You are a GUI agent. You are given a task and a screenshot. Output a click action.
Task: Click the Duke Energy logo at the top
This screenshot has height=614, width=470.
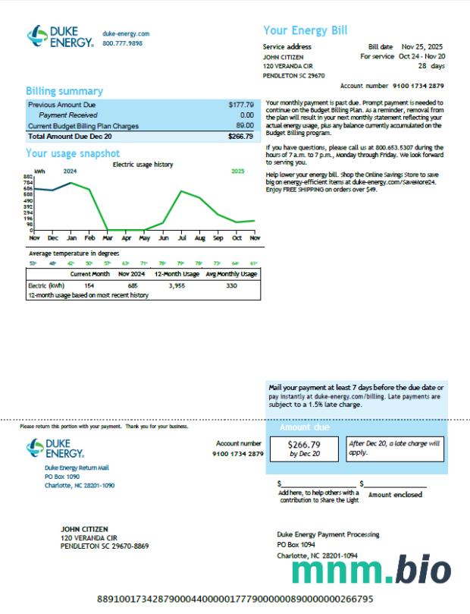pos(61,36)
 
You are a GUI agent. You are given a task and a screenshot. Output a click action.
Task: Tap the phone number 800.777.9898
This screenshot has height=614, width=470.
pos(122,43)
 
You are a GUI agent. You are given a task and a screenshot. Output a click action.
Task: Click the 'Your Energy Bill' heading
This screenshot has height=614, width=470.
pos(305,30)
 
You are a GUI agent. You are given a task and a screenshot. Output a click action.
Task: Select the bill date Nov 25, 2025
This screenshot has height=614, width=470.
pos(422,46)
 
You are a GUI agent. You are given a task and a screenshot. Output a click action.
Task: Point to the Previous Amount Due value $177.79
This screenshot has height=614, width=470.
pos(241,104)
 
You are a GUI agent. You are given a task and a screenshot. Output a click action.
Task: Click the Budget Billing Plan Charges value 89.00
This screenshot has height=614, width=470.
pos(244,125)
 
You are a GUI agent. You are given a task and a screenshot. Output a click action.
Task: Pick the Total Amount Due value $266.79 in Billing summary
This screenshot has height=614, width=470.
pos(240,137)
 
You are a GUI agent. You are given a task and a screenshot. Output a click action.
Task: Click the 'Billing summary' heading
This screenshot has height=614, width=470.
pos(64,91)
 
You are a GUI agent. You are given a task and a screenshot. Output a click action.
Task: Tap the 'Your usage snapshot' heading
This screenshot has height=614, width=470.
pos(73,154)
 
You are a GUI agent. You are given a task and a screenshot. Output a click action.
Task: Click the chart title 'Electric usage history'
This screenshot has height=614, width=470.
pos(143,164)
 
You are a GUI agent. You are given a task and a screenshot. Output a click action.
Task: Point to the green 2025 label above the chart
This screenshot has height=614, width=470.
pos(237,172)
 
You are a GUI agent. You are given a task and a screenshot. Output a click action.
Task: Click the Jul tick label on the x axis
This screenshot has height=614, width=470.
pos(181,238)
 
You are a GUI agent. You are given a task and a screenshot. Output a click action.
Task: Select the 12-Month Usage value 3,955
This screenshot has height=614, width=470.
pos(176,285)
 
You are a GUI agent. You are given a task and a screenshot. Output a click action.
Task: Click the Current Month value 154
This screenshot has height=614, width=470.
pos(89,285)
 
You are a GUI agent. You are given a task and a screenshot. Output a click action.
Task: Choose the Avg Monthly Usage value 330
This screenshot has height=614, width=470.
pos(231,285)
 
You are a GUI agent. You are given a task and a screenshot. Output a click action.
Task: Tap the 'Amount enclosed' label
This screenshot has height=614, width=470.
pos(396,494)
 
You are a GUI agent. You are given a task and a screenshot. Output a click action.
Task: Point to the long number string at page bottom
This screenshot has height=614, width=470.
pos(235,599)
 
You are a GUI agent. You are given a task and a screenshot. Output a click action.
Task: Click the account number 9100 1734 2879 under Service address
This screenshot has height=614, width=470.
pos(419,86)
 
